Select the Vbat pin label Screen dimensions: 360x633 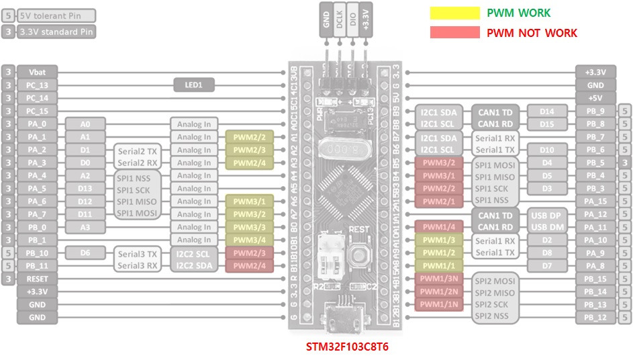point(37,73)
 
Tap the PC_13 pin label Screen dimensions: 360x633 point(37,85)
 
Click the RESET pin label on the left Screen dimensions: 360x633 point(37,279)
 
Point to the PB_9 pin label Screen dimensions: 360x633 point(595,111)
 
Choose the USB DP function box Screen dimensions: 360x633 point(547,214)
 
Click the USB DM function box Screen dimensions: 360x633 point(547,227)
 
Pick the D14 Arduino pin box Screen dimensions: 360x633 point(547,111)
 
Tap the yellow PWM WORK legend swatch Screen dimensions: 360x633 point(454,13)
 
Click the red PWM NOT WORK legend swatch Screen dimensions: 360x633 point(454,32)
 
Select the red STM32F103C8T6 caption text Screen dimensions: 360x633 point(347,347)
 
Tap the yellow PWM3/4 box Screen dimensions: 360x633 point(249,240)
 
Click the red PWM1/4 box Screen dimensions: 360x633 point(438,227)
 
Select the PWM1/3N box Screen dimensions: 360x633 point(438,279)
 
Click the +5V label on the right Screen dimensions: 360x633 point(595,98)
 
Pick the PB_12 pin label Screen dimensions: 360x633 point(595,317)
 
